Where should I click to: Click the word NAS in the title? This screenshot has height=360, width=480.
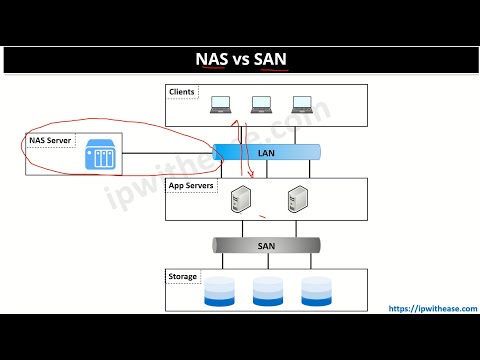coord(210,59)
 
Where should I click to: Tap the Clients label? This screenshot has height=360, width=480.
coord(182,93)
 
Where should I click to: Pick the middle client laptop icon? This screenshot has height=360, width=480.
coord(262,104)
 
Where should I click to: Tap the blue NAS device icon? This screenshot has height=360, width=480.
coord(101,154)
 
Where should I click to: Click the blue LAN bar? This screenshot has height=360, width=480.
coord(266,153)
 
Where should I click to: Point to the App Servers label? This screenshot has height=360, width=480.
coord(190,186)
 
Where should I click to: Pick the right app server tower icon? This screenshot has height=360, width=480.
coord(296,200)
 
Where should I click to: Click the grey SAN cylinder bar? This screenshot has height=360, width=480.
coord(266,245)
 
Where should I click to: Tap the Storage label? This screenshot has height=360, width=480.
coord(183,276)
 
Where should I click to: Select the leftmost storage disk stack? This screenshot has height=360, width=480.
coord(219,291)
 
